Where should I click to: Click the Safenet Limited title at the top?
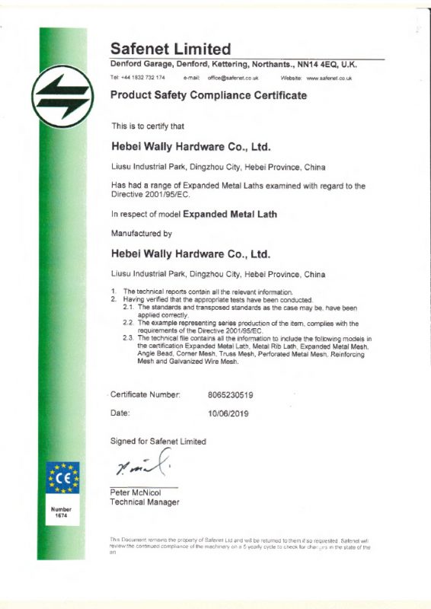(x=171, y=49)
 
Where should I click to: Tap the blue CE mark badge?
(x=62, y=477)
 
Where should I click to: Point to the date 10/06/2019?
(x=228, y=413)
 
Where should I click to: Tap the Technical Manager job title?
(x=145, y=502)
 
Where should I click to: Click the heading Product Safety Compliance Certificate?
(x=209, y=96)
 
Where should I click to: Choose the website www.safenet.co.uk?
(x=328, y=78)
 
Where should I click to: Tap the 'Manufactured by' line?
(x=142, y=233)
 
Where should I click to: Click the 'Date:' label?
(x=120, y=413)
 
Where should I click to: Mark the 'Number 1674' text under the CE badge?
(x=62, y=512)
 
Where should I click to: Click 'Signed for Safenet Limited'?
(x=158, y=442)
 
